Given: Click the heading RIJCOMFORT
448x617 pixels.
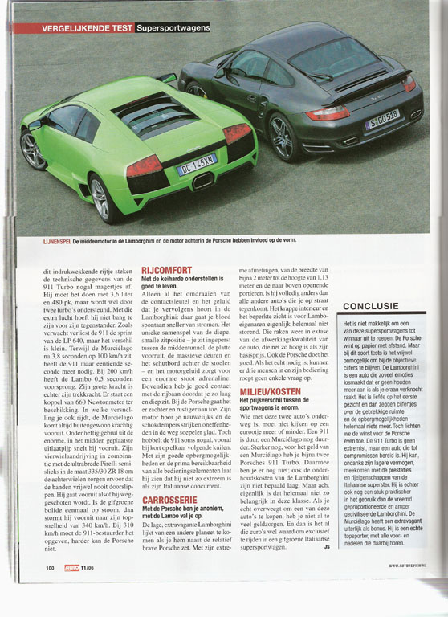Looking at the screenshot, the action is tap(165, 270).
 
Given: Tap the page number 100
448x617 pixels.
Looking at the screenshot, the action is tap(50, 590).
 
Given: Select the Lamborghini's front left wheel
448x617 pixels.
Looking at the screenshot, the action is tap(33, 150).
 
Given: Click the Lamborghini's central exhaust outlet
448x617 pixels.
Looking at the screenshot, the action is tap(203, 182).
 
